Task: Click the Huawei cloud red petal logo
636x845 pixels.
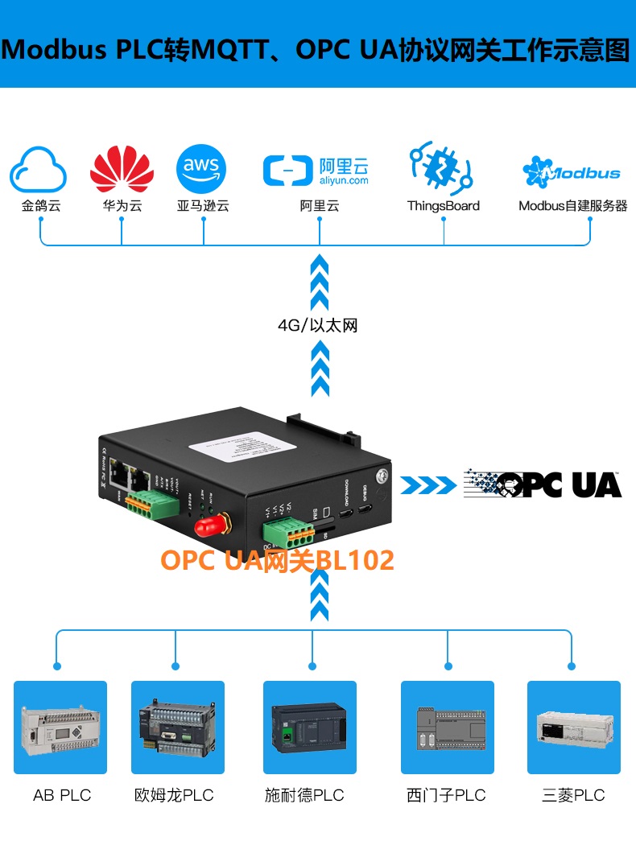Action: click(122, 170)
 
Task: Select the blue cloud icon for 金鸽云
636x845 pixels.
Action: click(39, 169)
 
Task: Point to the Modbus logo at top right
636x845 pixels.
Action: click(572, 171)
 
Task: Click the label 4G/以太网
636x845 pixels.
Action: click(317, 326)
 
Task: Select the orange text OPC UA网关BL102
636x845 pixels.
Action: click(278, 560)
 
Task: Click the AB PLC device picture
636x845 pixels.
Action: click(60, 728)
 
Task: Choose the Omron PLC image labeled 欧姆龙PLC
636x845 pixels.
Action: click(178, 728)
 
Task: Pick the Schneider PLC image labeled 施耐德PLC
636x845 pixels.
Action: click(310, 728)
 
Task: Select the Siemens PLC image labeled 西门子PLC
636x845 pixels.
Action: click(448, 728)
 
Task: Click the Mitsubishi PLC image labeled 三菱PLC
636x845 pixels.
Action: click(573, 728)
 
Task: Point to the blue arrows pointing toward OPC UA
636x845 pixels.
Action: click(427, 484)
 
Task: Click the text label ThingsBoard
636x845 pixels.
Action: click(443, 206)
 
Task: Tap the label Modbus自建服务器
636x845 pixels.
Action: click(572, 206)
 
